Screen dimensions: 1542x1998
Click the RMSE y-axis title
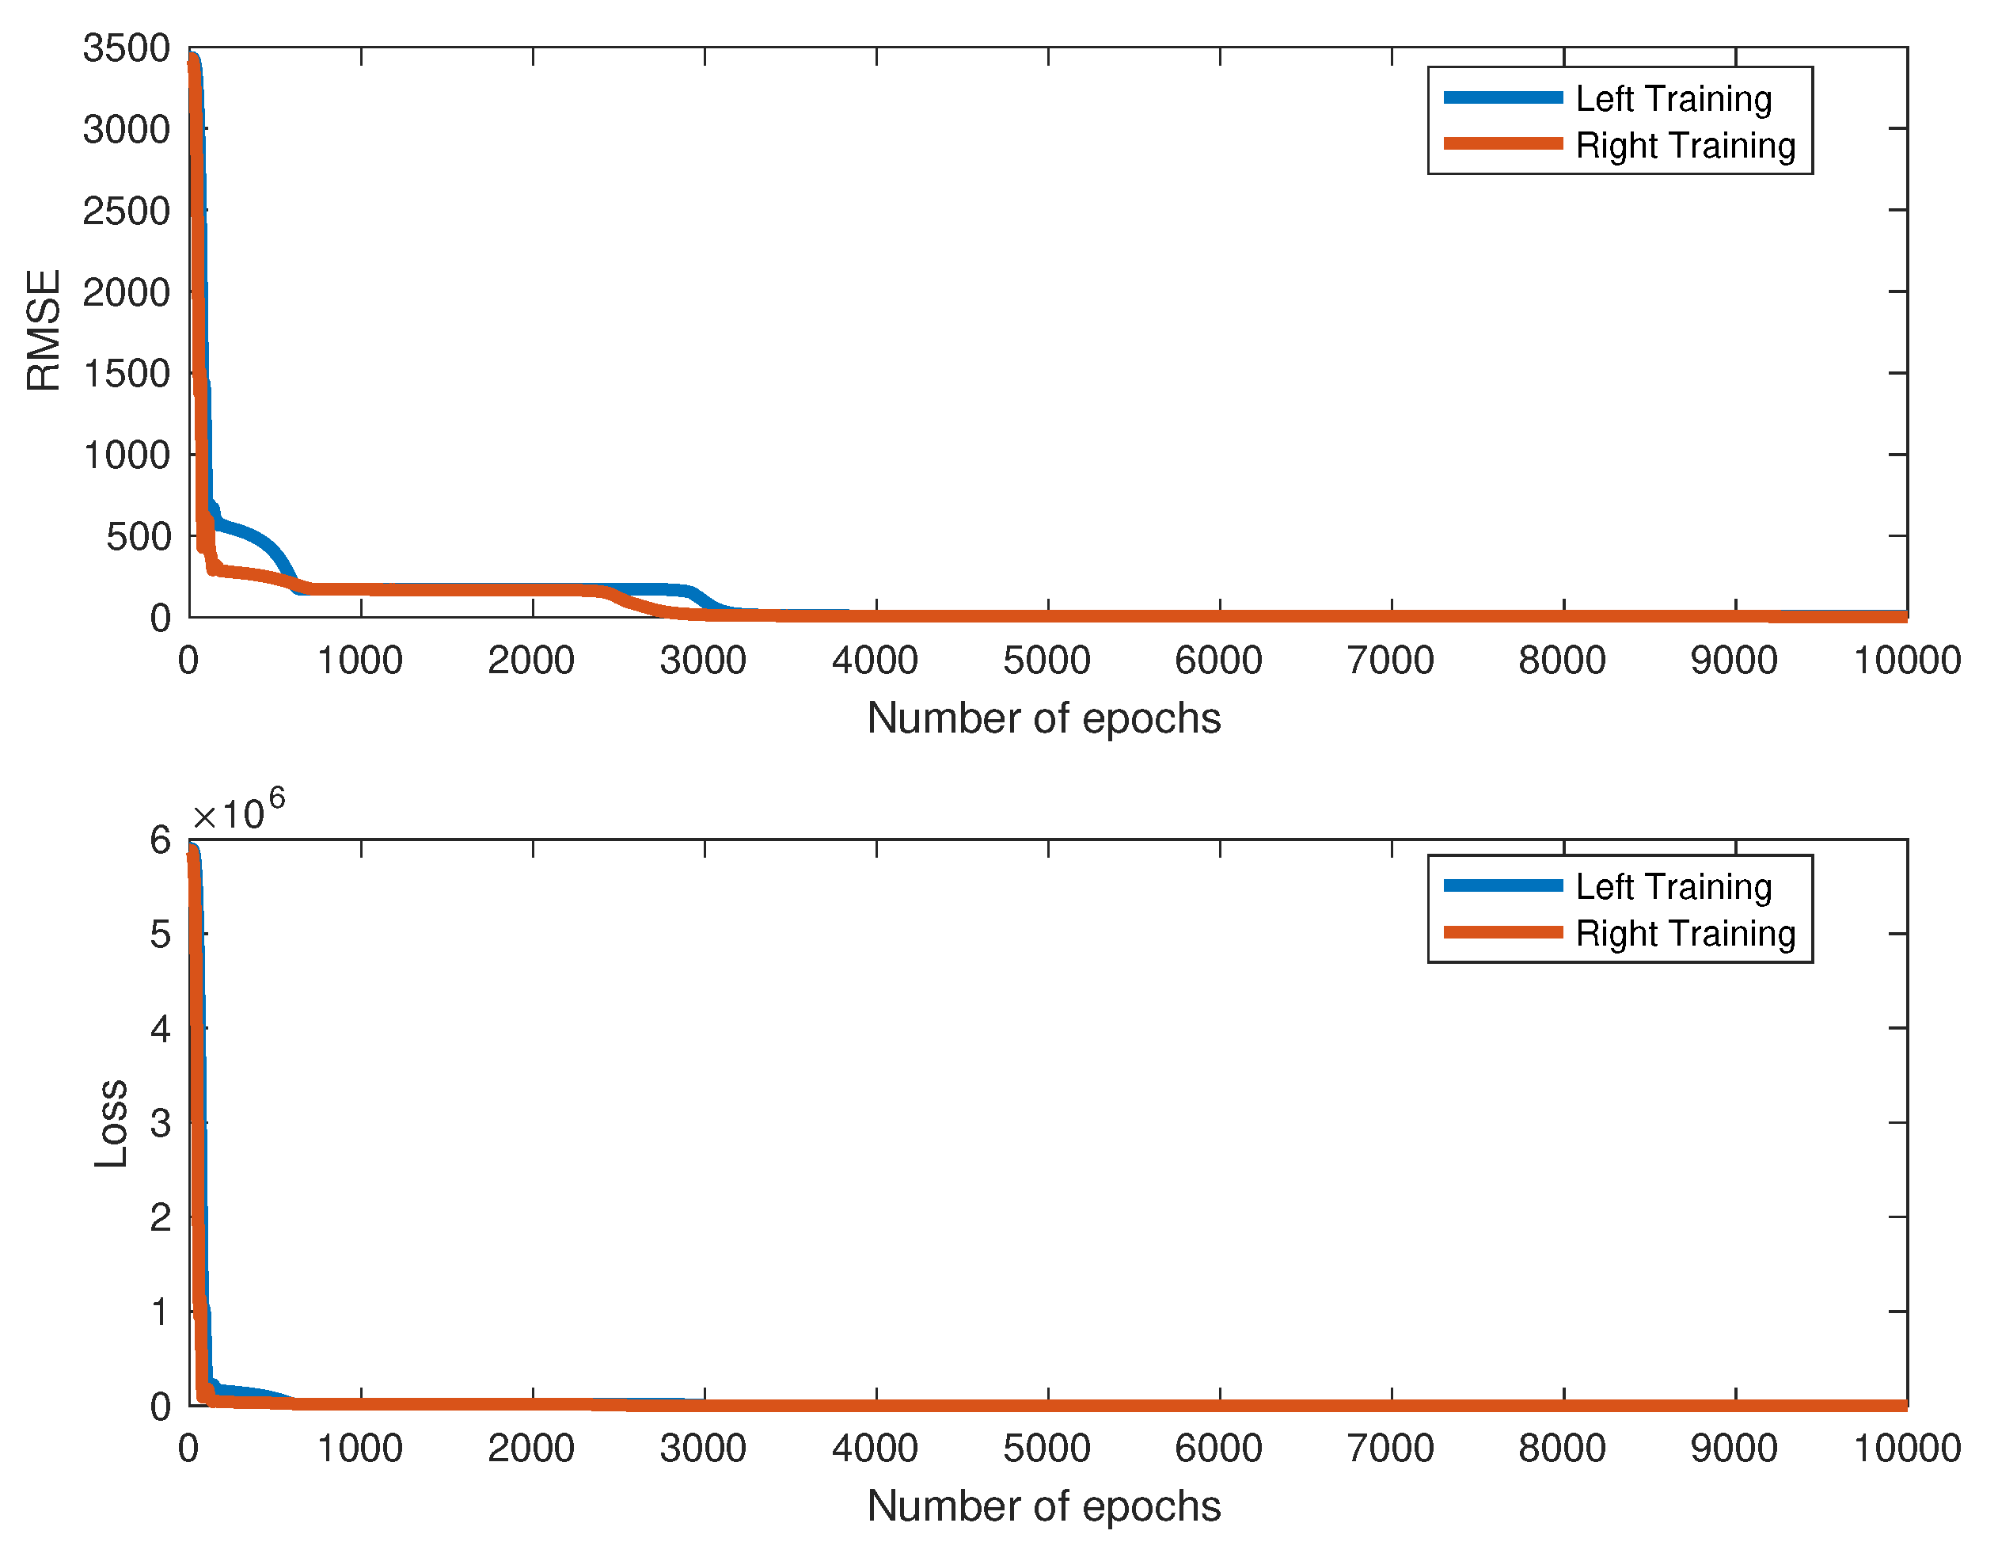(43, 330)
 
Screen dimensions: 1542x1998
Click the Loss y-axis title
(111, 1123)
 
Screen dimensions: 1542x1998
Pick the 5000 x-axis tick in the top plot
(1046, 660)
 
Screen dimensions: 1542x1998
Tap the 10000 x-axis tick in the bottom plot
(1906, 1449)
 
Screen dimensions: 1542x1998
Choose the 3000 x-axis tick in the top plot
(703, 660)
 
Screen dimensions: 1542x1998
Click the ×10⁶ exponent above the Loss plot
(237, 811)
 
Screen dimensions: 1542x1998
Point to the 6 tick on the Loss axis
(160, 840)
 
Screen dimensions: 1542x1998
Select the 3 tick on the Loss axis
(160, 1123)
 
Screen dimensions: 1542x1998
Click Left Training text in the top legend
(1673, 99)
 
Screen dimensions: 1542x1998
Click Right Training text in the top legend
(1685, 146)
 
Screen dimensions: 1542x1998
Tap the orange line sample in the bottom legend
(1502, 932)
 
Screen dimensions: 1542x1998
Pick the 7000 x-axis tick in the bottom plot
(1391, 1449)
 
